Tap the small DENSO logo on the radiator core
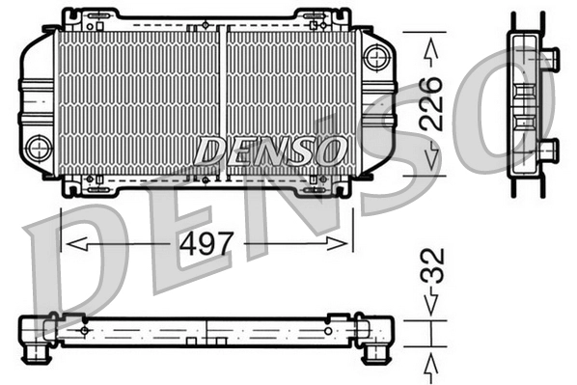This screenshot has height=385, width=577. click(x=270, y=151)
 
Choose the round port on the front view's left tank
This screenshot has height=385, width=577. click(x=39, y=148)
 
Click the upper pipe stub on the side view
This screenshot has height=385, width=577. click(x=549, y=57)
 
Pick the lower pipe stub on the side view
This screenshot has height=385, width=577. click(x=549, y=149)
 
